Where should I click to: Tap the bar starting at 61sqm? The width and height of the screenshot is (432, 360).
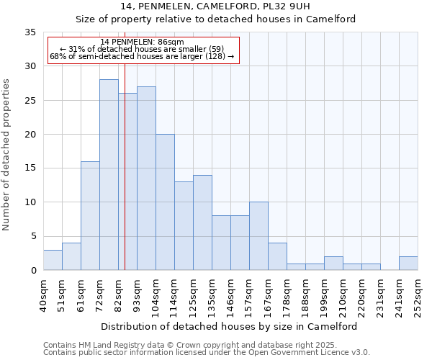[90, 216]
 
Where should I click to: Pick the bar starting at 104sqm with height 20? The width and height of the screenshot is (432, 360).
[165, 202]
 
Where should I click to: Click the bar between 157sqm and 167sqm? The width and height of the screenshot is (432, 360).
[258, 236]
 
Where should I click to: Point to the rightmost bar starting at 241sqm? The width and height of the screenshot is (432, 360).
[408, 264]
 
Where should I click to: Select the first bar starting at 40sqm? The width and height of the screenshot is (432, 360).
[53, 260]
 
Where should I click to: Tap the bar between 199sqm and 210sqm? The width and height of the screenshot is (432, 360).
[333, 264]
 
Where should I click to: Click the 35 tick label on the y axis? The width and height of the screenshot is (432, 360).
[30, 32]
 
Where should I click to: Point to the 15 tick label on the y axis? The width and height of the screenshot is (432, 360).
[30, 168]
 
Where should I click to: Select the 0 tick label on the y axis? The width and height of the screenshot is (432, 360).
[32, 271]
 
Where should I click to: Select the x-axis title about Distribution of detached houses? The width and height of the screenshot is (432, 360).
[229, 326]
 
